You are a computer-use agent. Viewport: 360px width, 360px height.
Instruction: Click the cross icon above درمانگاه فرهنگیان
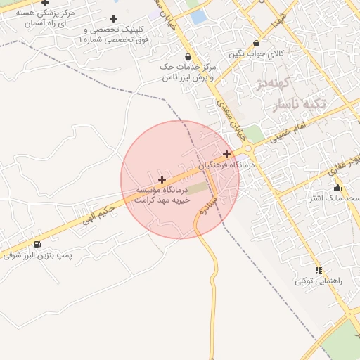pos(226,154)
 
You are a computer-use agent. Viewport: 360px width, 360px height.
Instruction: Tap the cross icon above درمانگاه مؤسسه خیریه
pos(162,179)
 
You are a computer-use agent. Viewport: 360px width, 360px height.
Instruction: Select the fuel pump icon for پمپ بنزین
pos(37,244)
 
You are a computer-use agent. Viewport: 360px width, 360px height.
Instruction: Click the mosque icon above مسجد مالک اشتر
pos(337,187)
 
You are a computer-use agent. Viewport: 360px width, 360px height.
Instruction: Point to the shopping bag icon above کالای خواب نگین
pos(256,43)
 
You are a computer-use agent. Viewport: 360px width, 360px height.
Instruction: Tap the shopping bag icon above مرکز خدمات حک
pos(187,56)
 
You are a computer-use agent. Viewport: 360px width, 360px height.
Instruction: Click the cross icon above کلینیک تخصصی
pos(113,18)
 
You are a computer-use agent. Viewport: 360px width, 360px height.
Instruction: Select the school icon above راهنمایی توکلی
pos(319,270)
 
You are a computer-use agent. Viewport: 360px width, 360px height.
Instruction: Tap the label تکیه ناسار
pos(301,103)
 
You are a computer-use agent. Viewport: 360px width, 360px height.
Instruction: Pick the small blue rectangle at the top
pos(198,16)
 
